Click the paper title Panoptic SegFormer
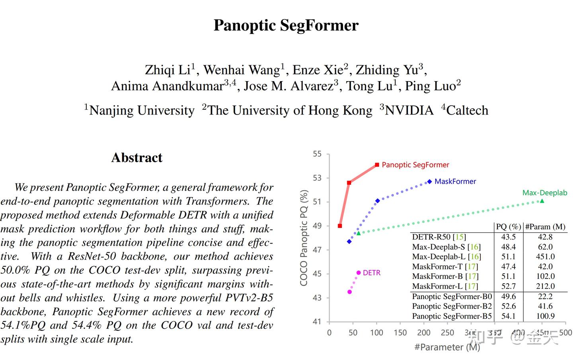coord(286,25)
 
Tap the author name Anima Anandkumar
coord(168,86)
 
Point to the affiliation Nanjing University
coord(142,110)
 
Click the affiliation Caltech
coord(467,110)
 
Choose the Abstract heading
coord(137,158)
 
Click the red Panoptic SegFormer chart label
coord(415,165)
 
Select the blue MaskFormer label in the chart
coord(455,181)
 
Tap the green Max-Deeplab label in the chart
coord(544,193)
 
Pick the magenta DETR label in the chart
coord(372,273)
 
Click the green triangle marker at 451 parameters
coord(542,201)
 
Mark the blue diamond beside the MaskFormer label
coord(429,182)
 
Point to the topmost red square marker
coord(377,165)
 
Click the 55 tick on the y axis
coord(317,154)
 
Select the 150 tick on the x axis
coord(400,333)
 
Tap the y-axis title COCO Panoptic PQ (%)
coord(304,237)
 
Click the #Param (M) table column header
coord(545,227)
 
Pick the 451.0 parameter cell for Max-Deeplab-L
coord(545,257)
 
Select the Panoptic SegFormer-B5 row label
coord(452,316)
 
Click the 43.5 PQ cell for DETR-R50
coord(508,237)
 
